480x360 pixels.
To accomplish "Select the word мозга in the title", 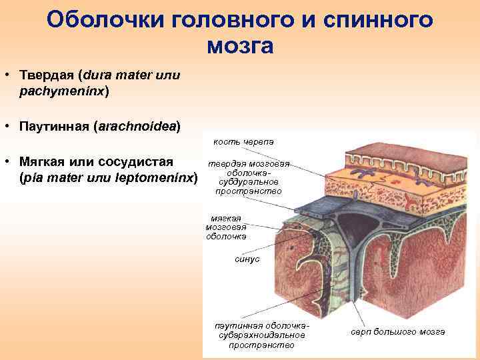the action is (x=240, y=46).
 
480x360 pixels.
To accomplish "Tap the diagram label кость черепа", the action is (x=243, y=142).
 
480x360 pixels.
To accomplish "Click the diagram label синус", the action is (x=247, y=259).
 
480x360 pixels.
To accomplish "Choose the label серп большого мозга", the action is (x=398, y=331).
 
